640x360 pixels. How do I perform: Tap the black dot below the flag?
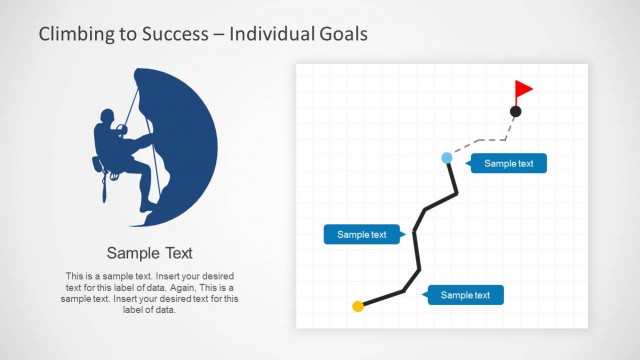coord(516,111)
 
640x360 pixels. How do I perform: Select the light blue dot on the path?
coord(447,158)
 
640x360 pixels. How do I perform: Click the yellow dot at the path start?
coord(358,306)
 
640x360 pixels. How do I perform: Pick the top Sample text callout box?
coord(508,163)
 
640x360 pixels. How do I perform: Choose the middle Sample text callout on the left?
coord(361,235)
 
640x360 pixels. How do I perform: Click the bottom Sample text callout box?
coord(465,295)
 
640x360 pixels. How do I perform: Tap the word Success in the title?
coord(176,34)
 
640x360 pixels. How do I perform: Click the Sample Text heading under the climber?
coord(150,253)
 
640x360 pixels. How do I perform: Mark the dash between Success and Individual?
coord(217,35)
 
